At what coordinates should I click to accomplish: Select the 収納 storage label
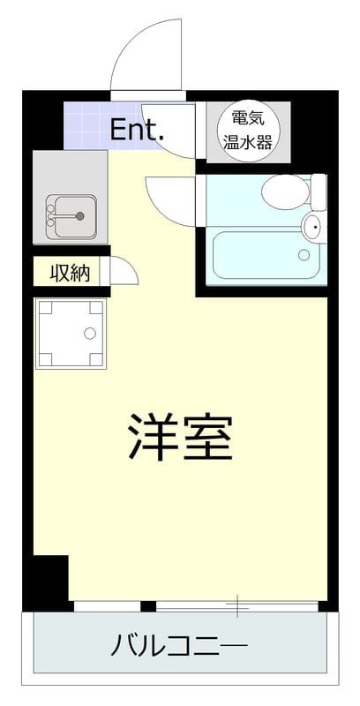click(x=70, y=273)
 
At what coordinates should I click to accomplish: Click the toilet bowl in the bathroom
click(x=284, y=188)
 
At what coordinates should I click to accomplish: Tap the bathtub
click(x=262, y=256)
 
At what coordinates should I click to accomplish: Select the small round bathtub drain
click(x=304, y=256)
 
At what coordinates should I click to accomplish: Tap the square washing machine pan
click(x=71, y=333)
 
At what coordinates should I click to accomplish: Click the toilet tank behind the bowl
click(x=319, y=192)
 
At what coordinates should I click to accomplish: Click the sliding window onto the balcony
click(x=236, y=605)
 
